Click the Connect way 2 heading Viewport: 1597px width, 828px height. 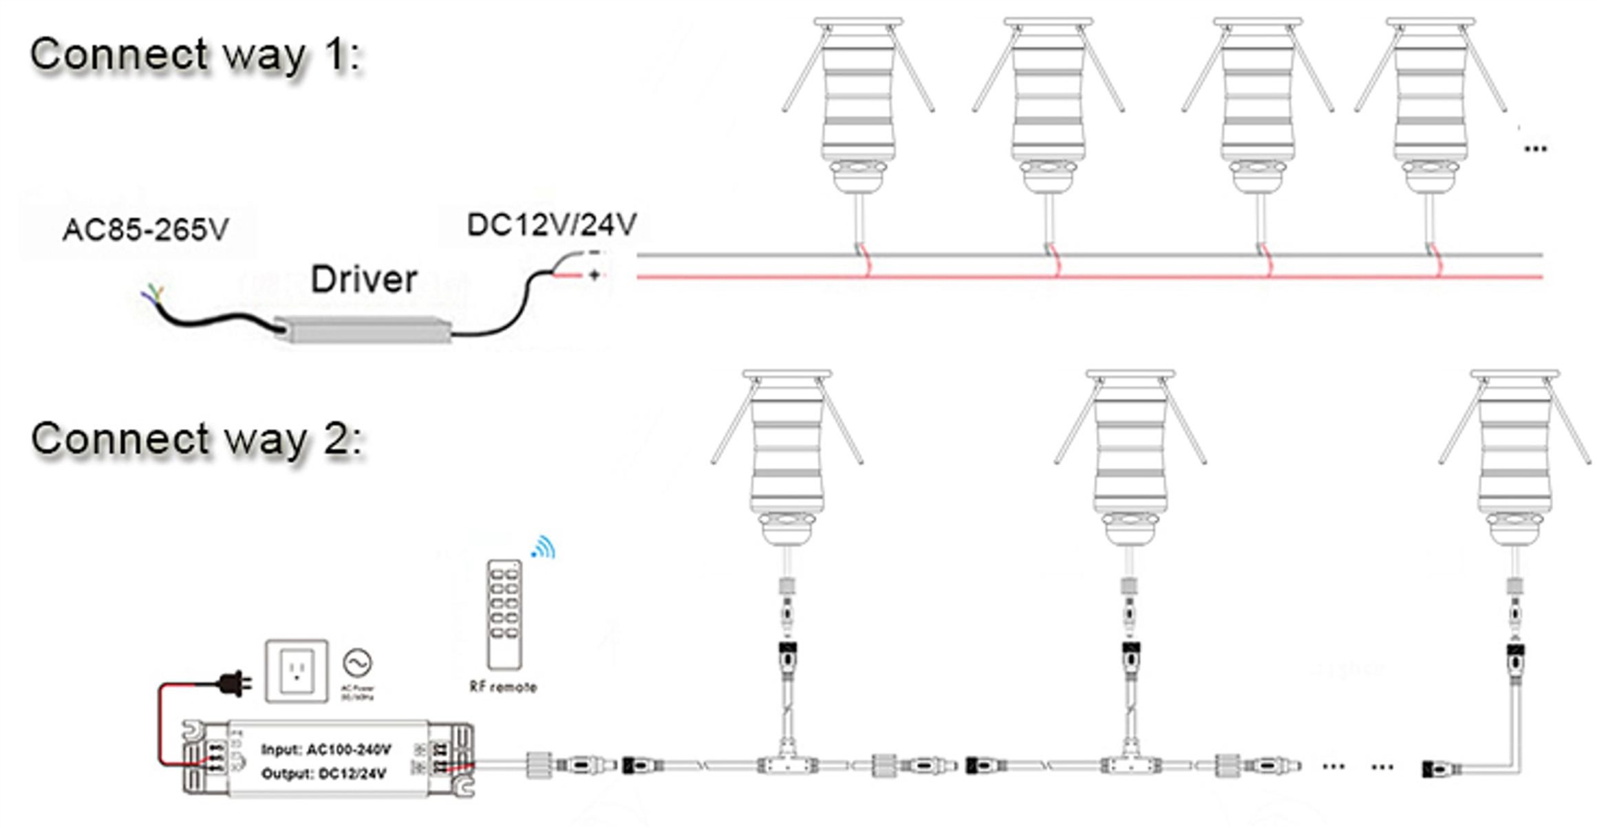196,439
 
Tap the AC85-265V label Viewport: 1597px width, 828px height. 145,230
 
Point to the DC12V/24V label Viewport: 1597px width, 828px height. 552,225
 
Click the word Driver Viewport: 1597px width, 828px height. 364,279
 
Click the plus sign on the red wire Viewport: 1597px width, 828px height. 594,276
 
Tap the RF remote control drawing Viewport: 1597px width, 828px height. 504,613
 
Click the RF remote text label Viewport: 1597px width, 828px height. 503,686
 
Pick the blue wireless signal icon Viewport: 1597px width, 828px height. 544,547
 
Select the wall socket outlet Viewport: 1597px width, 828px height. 297,671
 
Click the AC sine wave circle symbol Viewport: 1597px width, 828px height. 357,663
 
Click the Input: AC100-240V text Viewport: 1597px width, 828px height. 326,749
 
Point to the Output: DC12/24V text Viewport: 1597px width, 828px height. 323,774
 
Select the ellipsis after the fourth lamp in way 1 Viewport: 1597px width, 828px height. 1535,149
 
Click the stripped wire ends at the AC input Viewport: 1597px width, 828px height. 152,294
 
